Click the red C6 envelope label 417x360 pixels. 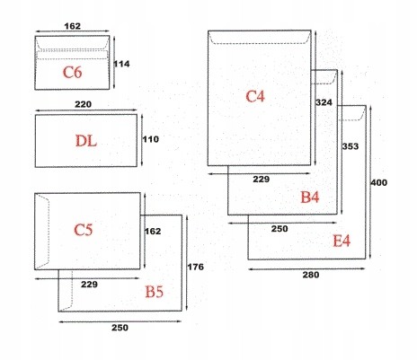(x=72, y=72)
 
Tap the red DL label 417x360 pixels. (x=86, y=141)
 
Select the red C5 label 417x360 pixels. (x=84, y=230)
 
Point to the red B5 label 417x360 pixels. (x=155, y=292)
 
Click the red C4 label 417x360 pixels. (x=255, y=97)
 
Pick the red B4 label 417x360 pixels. (x=310, y=197)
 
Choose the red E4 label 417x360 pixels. (x=342, y=241)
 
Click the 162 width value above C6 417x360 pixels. (x=73, y=26)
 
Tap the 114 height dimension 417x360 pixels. (x=121, y=64)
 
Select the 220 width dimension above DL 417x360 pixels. (x=84, y=104)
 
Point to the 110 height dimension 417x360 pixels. (x=150, y=139)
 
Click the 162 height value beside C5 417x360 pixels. (x=153, y=231)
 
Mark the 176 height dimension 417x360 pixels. (x=195, y=267)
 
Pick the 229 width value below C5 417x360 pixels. (x=89, y=284)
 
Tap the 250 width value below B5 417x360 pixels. (x=120, y=328)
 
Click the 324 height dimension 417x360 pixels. (x=324, y=102)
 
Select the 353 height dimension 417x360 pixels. (x=350, y=146)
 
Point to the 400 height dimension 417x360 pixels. (x=379, y=182)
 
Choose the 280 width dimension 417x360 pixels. (x=311, y=275)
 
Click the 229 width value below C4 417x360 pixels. (x=262, y=180)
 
